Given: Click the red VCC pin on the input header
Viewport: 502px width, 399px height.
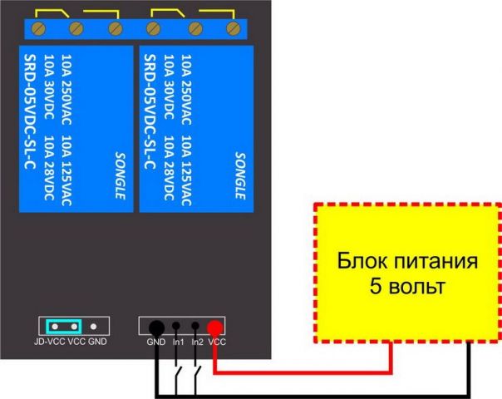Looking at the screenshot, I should click(215, 328).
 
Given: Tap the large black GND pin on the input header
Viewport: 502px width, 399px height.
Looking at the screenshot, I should click(155, 328).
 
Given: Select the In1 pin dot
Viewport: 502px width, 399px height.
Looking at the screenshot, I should click(176, 328).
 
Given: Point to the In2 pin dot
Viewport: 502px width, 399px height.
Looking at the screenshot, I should click(195, 328).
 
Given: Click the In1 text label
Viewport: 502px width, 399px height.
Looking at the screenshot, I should click(177, 342).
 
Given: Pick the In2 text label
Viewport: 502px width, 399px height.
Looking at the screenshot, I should click(196, 342).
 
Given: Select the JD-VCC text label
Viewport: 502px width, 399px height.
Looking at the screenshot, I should click(49, 342).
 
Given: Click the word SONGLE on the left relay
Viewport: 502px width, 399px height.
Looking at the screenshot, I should click(118, 175).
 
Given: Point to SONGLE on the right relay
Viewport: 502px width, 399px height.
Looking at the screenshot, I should click(240, 175).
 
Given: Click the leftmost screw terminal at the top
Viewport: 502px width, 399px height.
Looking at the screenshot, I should click(37, 30).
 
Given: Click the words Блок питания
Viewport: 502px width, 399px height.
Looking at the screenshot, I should click(407, 264).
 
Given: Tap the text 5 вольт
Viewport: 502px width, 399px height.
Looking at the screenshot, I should click(407, 288).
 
